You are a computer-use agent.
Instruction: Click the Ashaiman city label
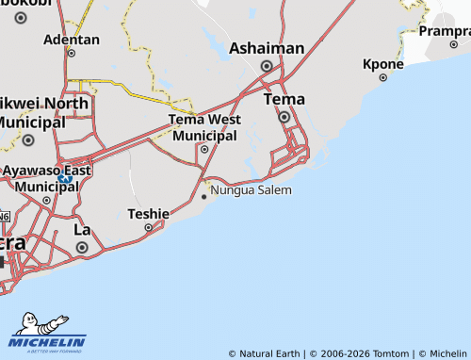(267, 48)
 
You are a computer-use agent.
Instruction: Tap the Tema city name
(284, 99)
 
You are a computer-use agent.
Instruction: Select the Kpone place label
(382, 64)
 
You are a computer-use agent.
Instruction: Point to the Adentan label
(71, 40)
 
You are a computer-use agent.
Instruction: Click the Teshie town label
(148, 214)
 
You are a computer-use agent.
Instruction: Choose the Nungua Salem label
(252, 189)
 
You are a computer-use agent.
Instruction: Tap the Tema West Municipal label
(204, 127)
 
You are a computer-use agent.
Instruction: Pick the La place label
(82, 229)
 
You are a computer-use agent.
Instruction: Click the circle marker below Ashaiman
(267, 66)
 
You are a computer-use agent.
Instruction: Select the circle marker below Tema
(284, 117)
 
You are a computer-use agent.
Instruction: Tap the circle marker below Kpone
(382, 79)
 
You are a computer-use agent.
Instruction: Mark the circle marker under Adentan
(71, 54)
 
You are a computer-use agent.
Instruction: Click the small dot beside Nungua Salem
(204, 197)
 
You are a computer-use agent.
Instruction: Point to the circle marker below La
(82, 247)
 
